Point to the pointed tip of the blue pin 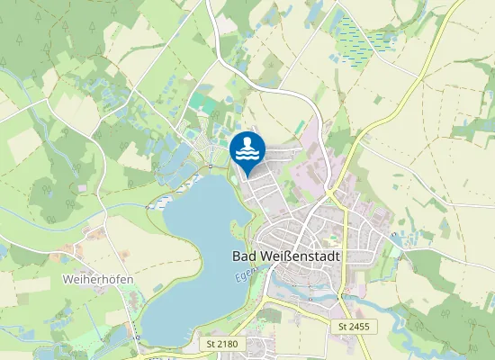tap(247, 176)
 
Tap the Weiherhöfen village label tap(98, 279)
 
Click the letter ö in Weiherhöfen tap(112, 279)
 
